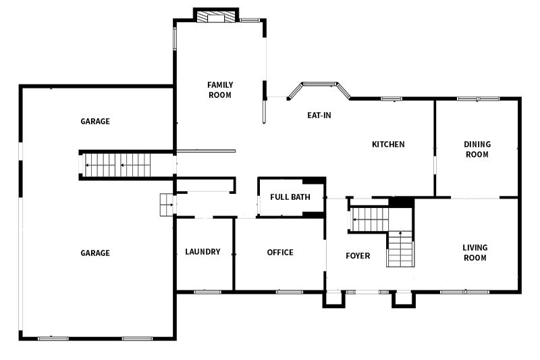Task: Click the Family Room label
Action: pyautogui.click(x=220, y=90)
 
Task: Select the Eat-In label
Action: pyautogui.click(x=319, y=115)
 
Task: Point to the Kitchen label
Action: pyautogui.click(x=388, y=144)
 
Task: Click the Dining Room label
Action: pyautogui.click(x=477, y=149)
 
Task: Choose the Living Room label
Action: pyautogui.click(x=475, y=253)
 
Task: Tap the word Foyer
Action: pyautogui.click(x=358, y=255)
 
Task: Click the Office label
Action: pyautogui.click(x=280, y=252)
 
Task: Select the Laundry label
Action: pyautogui.click(x=202, y=251)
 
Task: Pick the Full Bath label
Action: pyautogui.click(x=290, y=197)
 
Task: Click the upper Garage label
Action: pyautogui.click(x=95, y=122)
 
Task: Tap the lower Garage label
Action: pyautogui.click(x=95, y=253)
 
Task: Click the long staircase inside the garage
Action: pyautogui.click(x=117, y=165)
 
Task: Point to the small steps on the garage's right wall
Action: pyautogui.click(x=167, y=205)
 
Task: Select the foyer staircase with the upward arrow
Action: pyautogui.click(x=400, y=249)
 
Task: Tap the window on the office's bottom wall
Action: pyautogui.click(x=290, y=292)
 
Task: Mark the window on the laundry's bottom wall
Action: pyautogui.click(x=207, y=292)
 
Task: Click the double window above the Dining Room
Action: pyautogui.click(x=479, y=99)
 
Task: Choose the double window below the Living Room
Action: pyautogui.click(x=465, y=292)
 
